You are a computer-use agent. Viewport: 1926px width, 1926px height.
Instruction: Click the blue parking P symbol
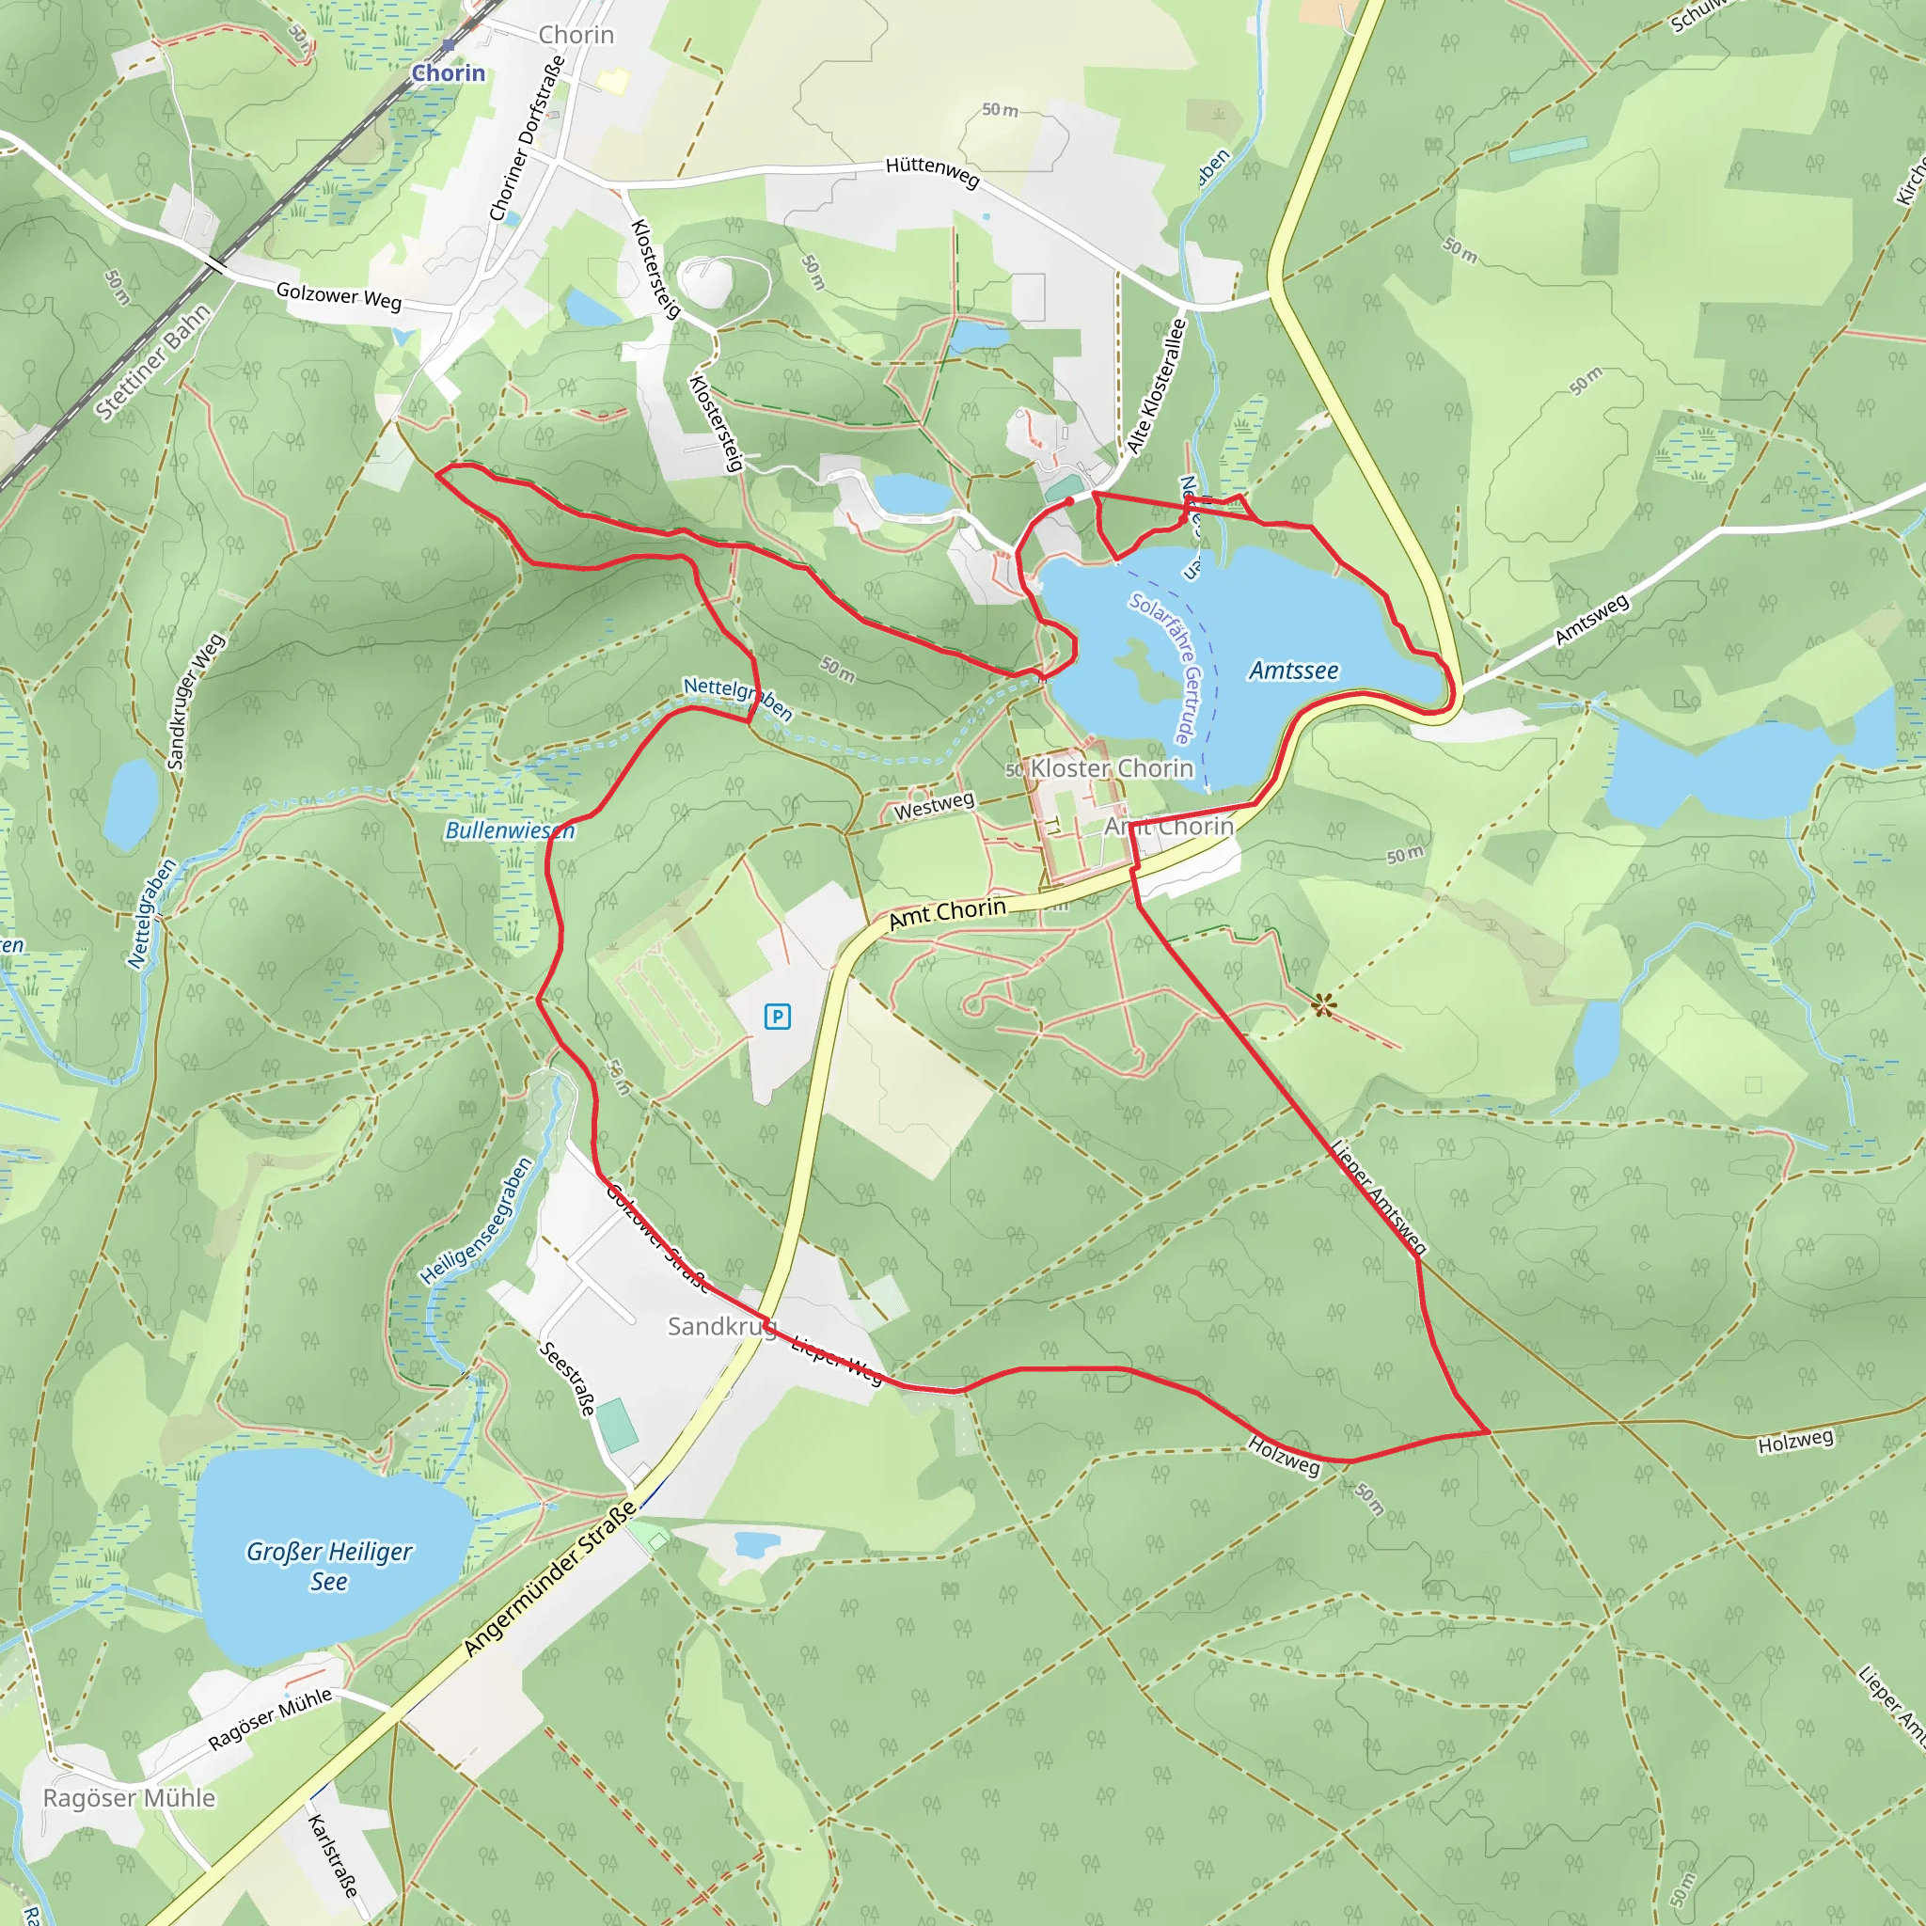[777, 1017]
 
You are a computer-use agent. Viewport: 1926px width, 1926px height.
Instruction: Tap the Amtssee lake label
[1293, 671]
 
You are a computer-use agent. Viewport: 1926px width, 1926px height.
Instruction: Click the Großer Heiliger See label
[329, 1566]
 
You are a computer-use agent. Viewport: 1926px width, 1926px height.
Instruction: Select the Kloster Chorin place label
[1111, 768]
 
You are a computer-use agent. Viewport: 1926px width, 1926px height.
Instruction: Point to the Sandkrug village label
[720, 1326]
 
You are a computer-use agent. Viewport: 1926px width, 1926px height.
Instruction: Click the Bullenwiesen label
[510, 830]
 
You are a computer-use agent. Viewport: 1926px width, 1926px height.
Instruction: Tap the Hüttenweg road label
[932, 172]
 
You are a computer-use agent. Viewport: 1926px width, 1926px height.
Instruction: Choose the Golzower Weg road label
[338, 296]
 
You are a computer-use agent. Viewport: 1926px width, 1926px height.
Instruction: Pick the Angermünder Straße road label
[549, 1579]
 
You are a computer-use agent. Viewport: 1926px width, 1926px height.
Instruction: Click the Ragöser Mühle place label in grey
[129, 1797]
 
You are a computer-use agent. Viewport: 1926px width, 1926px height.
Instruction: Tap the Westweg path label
[933, 806]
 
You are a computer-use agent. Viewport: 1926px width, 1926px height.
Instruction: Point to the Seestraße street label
[567, 1379]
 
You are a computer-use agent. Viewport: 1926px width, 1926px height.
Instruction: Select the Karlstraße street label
[332, 1856]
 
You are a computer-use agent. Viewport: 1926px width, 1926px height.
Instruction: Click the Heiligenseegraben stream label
[477, 1220]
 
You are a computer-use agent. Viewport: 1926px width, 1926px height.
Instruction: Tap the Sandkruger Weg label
[197, 700]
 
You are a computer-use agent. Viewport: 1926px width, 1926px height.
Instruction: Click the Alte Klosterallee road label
[1157, 386]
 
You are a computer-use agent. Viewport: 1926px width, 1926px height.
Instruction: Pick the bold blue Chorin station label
[449, 72]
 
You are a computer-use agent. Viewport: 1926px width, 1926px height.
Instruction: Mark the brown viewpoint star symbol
[1323, 1005]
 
